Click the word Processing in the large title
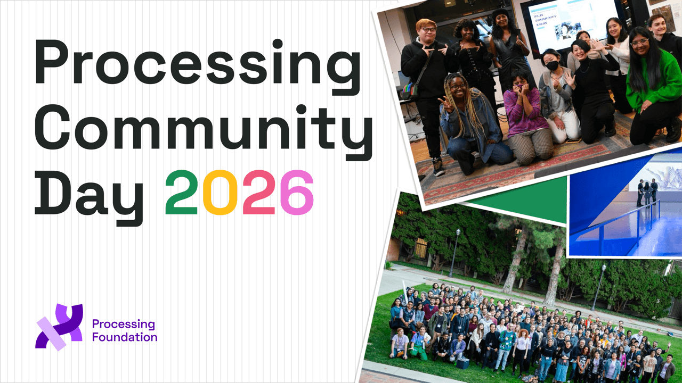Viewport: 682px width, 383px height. (x=198, y=67)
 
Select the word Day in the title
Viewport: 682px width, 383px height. (x=89, y=197)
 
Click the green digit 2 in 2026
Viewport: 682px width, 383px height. (x=182, y=193)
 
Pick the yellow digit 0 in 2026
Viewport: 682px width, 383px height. (x=220, y=193)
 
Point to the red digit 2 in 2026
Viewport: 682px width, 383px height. (x=259, y=193)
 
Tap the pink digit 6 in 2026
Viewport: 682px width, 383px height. (x=297, y=193)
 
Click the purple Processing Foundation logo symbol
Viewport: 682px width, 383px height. (x=59, y=327)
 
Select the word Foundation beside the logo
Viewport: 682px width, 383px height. (x=125, y=337)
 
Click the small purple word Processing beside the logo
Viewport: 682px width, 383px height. (x=124, y=324)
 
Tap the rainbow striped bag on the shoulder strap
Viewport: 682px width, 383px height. (x=410, y=90)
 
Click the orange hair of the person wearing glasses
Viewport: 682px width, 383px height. (x=426, y=24)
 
